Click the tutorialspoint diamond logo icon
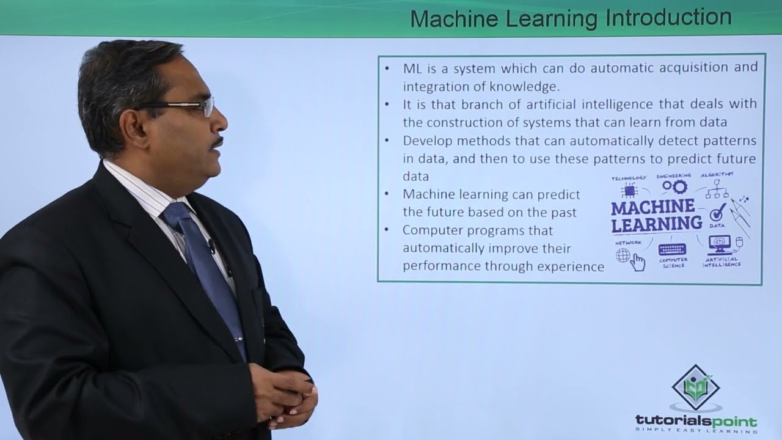click(695, 389)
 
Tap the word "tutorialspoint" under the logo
click(696, 422)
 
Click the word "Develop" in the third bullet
click(426, 141)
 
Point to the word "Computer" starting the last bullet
click(430, 230)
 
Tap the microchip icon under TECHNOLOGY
click(628, 191)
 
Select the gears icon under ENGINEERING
click(674, 187)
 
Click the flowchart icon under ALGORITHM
click(717, 191)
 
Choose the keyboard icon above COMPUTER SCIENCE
click(672, 249)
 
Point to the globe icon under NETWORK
click(623, 255)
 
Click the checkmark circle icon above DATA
click(717, 213)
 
